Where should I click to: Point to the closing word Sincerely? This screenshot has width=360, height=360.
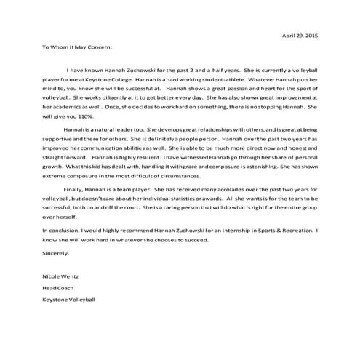[56, 255]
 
